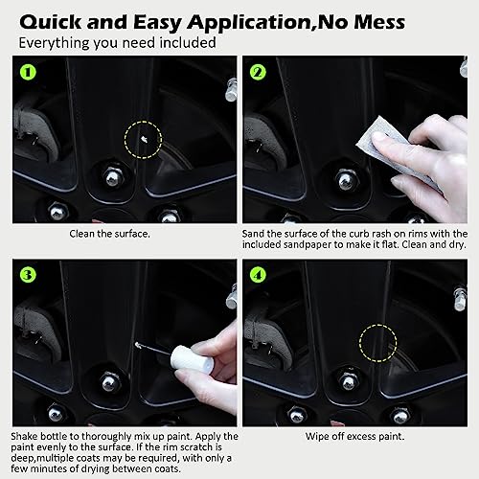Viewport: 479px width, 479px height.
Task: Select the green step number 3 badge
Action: (x=26, y=277)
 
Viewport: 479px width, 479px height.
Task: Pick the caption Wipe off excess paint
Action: (x=354, y=436)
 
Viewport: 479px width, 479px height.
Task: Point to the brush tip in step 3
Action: (x=140, y=347)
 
